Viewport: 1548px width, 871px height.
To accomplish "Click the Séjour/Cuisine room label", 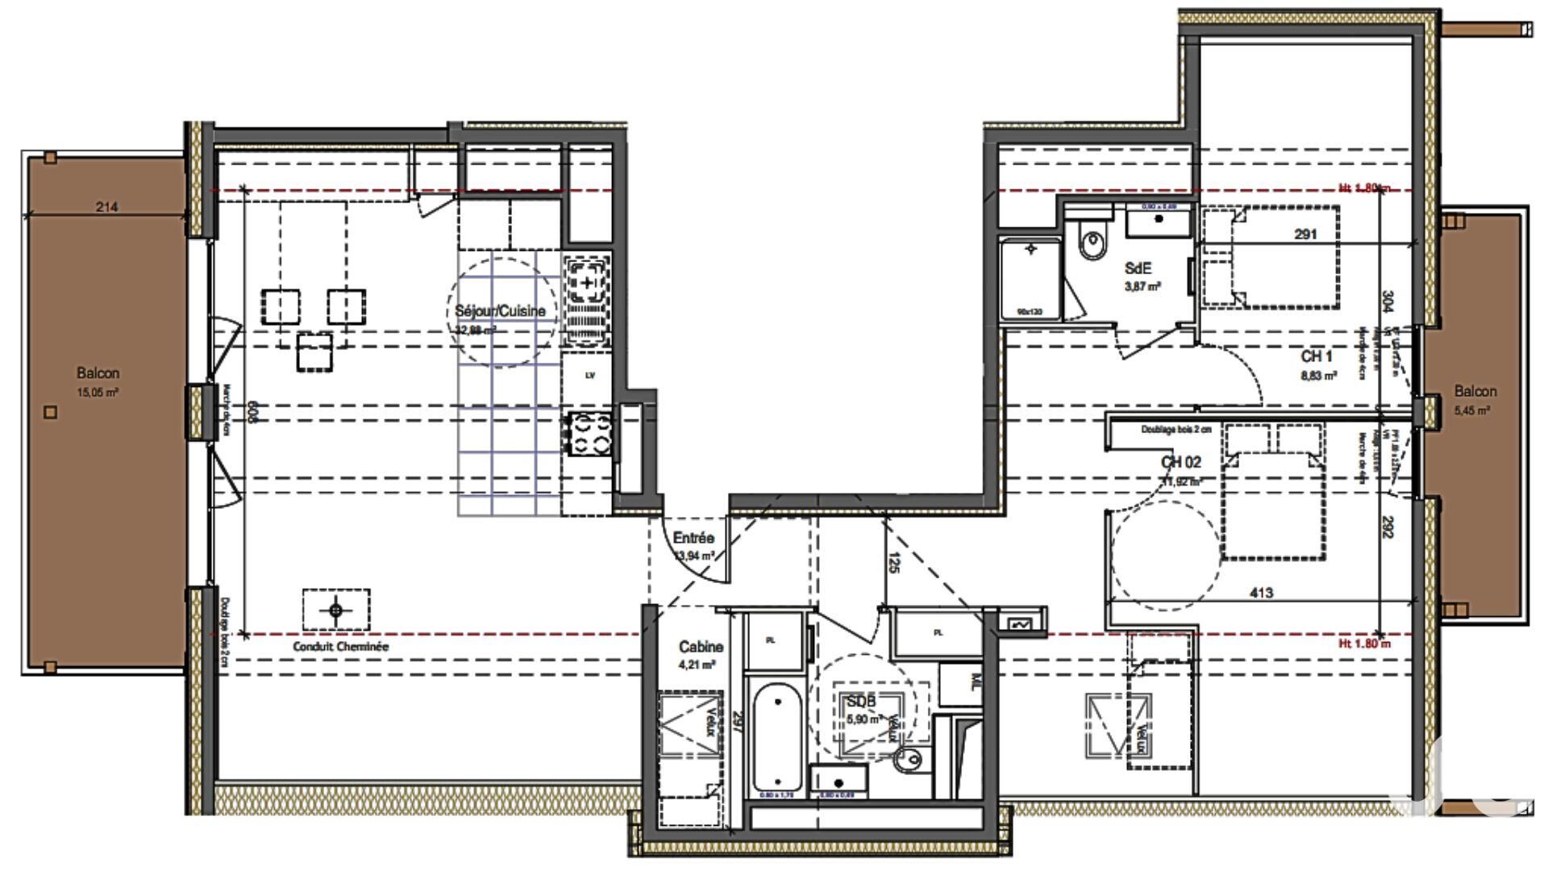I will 500,311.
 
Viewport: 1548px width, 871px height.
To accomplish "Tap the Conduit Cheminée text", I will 340,647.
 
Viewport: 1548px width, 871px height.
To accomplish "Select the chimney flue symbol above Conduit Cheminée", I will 336,610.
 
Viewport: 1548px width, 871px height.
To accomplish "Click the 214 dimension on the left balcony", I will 106,207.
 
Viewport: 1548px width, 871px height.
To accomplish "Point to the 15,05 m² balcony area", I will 98,393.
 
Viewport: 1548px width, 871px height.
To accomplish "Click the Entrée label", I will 693,538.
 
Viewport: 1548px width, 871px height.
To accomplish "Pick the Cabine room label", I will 701,647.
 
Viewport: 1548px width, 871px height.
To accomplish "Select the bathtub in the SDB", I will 777,738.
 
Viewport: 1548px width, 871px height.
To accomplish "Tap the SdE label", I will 1138,269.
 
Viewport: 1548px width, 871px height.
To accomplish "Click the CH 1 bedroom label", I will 1316,356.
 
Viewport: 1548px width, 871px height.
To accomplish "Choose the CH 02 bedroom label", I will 1181,462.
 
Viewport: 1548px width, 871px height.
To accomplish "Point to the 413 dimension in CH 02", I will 1261,593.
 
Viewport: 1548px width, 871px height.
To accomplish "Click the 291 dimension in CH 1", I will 1305,235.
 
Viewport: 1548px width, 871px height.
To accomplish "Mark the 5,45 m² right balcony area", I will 1475,410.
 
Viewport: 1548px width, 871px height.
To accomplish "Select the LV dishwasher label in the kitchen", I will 590,376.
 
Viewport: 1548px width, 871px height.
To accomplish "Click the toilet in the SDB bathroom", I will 909,758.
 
